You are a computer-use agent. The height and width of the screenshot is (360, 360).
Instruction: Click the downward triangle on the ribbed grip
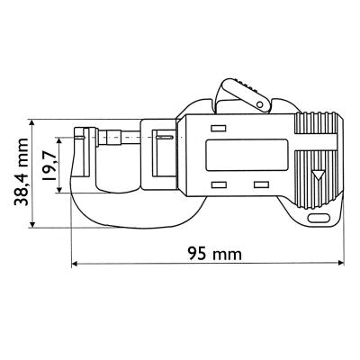pyautogui.click(x=316, y=176)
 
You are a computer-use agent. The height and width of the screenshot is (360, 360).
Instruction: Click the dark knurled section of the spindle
pyautogui.click(x=116, y=137)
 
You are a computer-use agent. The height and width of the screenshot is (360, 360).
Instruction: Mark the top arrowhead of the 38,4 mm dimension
pyautogui.click(x=33, y=121)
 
